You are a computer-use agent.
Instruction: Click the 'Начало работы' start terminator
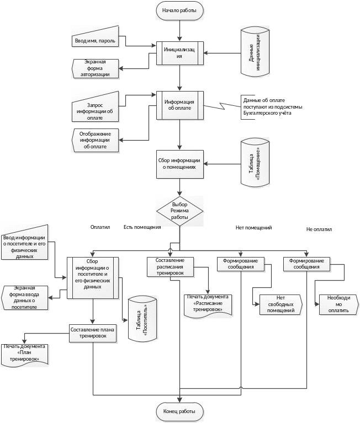(180, 10)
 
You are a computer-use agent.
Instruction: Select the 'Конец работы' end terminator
(180, 411)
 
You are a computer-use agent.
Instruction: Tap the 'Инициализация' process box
(180, 53)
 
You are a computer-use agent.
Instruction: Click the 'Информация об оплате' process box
(180, 105)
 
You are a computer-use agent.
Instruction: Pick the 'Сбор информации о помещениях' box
(180, 164)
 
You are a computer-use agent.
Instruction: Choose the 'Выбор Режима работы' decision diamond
(180, 211)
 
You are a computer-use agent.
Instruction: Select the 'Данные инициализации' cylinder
(255, 52)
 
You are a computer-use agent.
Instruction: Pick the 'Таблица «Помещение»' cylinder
(255, 164)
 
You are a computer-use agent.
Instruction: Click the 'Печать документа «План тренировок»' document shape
(25, 355)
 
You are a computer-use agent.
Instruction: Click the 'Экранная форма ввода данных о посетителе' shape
(25, 298)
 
